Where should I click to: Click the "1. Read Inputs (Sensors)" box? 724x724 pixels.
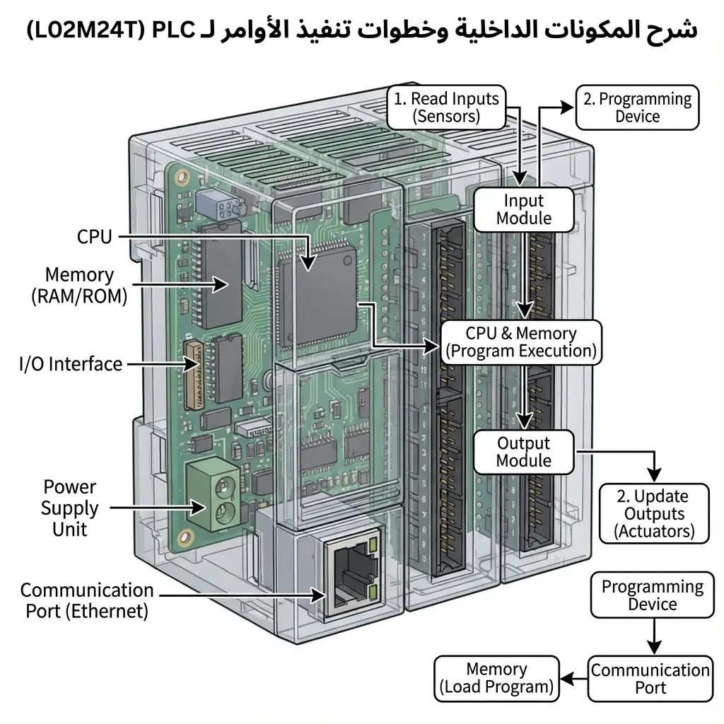click(446, 107)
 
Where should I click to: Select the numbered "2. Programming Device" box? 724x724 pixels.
click(637, 107)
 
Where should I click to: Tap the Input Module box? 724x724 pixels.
click(523, 209)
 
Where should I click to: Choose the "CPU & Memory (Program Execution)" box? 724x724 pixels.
click(521, 342)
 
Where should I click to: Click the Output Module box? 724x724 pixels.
click(523, 452)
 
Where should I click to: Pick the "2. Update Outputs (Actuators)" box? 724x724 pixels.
click(654, 513)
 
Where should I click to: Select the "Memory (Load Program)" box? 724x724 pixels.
click(496, 678)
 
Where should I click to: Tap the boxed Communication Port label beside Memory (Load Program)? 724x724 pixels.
click(650, 678)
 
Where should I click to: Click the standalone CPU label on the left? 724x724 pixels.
click(94, 237)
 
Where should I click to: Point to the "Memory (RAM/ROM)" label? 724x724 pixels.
click(79, 285)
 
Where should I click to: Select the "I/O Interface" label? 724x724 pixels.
click(71, 364)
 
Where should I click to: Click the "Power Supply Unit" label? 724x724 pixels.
click(69, 508)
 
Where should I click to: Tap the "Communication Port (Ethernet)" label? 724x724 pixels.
click(86, 600)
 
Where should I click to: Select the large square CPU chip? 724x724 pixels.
click(317, 300)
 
